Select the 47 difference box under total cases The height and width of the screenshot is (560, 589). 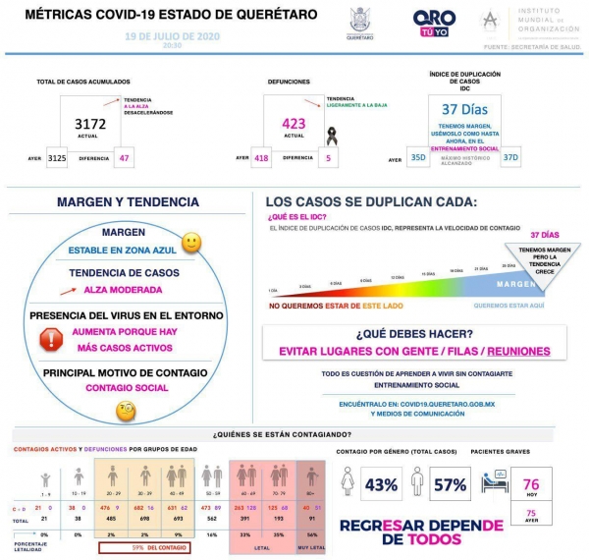(124, 158)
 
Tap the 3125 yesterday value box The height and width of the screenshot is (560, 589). (57, 158)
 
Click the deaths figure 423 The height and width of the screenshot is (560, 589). (293, 124)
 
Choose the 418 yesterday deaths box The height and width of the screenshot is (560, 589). (261, 158)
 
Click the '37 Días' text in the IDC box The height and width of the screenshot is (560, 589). (464, 109)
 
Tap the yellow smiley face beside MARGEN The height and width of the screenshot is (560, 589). (191, 242)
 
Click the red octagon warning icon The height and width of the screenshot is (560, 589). (50, 340)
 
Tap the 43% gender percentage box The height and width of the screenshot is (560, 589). (381, 483)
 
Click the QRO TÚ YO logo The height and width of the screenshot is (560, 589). (434, 22)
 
